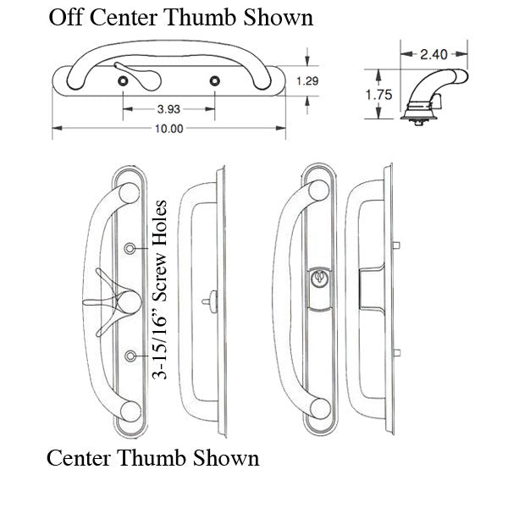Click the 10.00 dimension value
click(169, 129)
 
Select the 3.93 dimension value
click(168, 109)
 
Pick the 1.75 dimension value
click(378, 95)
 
